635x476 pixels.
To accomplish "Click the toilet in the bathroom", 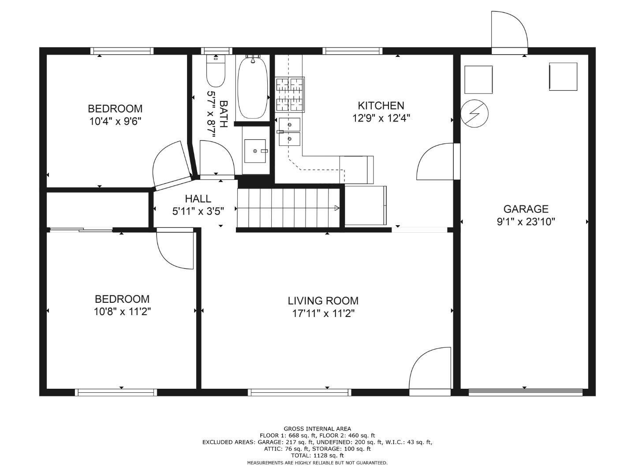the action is click(216, 71).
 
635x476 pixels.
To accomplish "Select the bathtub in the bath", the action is click(253, 88).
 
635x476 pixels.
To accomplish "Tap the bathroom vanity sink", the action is click(255, 151).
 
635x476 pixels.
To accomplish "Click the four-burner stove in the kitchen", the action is click(290, 94).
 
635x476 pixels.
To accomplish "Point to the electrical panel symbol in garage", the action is click(474, 114).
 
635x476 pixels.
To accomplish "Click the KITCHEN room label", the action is click(381, 106).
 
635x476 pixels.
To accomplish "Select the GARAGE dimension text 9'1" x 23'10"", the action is click(526, 222).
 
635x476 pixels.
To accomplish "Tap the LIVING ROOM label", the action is click(323, 301).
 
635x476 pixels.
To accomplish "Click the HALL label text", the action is click(198, 199).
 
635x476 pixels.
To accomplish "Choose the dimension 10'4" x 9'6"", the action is click(115, 121).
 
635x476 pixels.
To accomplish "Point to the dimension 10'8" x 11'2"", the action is click(122, 312).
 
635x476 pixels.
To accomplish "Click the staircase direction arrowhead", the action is click(337, 208).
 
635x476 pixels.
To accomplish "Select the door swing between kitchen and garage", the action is click(435, 162).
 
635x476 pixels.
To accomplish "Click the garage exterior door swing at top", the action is click(510, 29).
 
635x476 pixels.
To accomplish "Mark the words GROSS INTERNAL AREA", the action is click(317, 429).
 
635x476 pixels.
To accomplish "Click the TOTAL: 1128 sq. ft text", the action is click(317, 455).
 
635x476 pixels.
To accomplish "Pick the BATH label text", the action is click(224, 114).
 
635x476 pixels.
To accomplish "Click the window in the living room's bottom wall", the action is click(299, 392).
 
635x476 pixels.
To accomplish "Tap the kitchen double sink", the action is click(289, 132).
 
